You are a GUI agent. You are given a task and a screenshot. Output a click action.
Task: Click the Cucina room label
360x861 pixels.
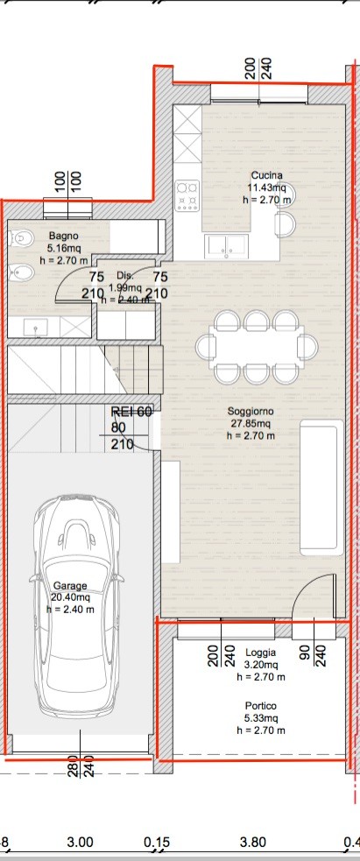click(x=266, y=176)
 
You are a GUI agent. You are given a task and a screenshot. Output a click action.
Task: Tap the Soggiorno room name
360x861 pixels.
click(x=251, y=412)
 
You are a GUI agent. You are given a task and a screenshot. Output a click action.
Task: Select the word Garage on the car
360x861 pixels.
click(x=70, y=586)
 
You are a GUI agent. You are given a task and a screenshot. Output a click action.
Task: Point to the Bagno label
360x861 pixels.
click(x=63, y=236)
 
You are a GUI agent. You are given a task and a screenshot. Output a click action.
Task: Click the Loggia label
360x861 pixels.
click(x=261, y=653)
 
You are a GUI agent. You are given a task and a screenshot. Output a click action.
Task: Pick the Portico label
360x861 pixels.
click(x=261, y=706)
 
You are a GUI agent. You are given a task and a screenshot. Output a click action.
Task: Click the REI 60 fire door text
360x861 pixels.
click(x=131, y=413)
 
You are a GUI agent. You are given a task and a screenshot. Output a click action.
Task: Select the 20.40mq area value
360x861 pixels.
click(x=70, y=597)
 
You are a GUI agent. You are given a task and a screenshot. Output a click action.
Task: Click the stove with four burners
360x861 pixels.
click(x=187, y=196)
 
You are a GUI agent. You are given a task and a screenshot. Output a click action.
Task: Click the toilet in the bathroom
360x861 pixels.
click(x=19, y=238)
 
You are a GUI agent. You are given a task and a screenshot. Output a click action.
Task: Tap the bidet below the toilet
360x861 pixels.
click(x=19, y=272)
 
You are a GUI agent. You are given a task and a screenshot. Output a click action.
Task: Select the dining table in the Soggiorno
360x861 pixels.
click(x=257, y=348)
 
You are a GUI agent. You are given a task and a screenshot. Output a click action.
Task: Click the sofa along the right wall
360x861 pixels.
click(x=321, y=488)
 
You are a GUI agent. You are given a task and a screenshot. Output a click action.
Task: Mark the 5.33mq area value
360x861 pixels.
click(x=261, y=718)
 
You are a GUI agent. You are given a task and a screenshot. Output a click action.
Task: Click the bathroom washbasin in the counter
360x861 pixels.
click(x=36, y=328)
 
